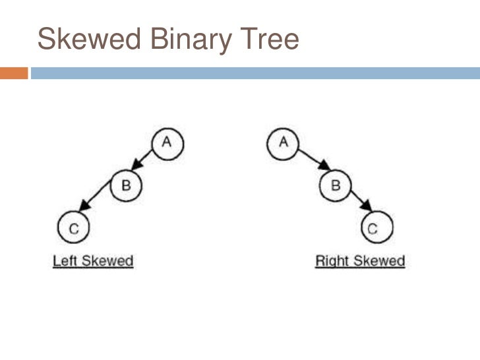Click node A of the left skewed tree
167,143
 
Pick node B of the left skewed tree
125,185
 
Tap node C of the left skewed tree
74,229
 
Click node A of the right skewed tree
284,143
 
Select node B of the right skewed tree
335,185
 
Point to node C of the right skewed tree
373,229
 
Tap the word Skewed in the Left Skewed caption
106,261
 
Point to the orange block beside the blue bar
14,73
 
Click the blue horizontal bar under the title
255,73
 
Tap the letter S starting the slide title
45,40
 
